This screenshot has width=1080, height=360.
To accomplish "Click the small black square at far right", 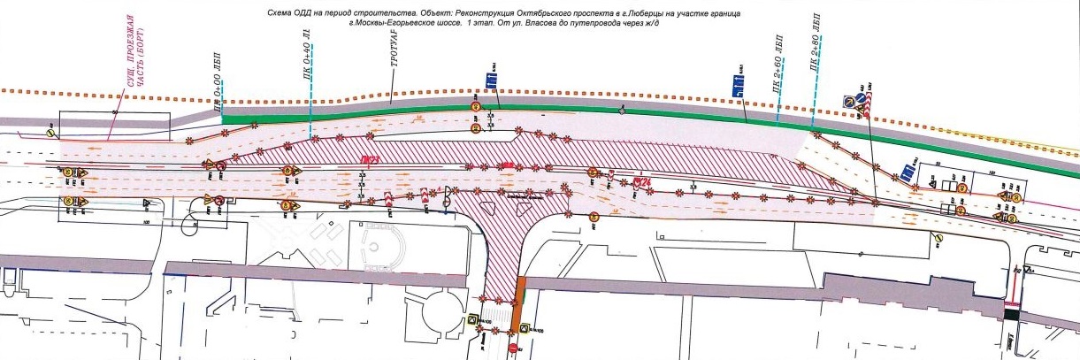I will tap(1011, 313).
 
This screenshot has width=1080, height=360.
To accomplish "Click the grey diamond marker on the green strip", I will tap(623, 111).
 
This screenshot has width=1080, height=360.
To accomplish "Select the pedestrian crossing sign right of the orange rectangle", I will tap(525, 328).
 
